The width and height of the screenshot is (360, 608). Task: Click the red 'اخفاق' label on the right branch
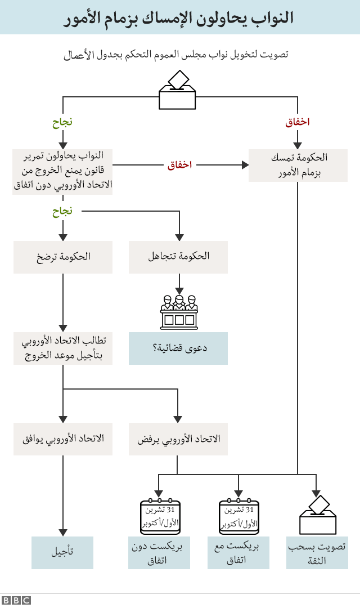point(298,122)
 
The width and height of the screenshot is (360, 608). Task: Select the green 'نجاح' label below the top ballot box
point(62,122)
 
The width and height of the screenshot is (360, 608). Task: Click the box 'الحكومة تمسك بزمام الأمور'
point(298,166)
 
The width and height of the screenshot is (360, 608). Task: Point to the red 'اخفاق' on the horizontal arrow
point(180,165)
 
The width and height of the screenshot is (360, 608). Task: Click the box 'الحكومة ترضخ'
point(62,257)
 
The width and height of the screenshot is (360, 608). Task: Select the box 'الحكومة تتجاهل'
point(178,257)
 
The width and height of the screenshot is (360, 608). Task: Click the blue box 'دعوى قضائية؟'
point(178,348)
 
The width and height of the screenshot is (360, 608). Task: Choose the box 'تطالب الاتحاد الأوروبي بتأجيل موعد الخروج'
point(62,348)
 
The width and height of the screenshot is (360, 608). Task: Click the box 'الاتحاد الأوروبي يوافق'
point(62,439)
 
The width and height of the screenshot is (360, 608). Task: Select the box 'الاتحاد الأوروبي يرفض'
point(178,439)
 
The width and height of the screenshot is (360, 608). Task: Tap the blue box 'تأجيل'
point(62,552)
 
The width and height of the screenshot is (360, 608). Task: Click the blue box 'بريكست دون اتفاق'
point(160,552)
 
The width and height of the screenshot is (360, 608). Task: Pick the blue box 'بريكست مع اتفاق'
point(238,552)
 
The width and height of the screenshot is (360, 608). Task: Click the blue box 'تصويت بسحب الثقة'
point(317,552)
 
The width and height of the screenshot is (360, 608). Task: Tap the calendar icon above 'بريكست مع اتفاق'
point(238,516)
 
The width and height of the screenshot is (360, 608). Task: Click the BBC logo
point(16,600)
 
